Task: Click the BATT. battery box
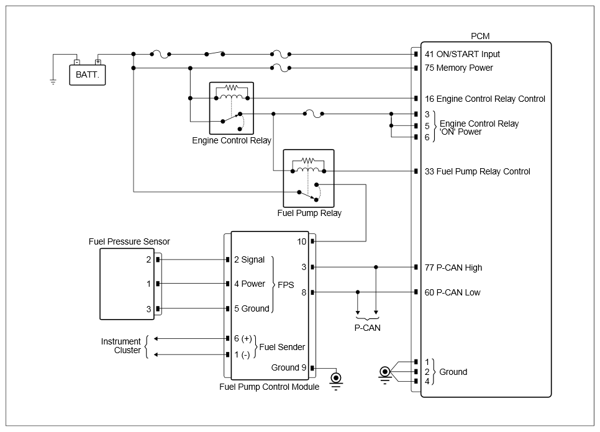pos(87,74)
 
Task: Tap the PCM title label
pos(480,36)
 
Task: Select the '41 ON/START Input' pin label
pos(462,54)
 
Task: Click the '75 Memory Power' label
pos(459,68)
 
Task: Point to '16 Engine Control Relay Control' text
pos(485,99)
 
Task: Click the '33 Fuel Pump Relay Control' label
pos(477,172)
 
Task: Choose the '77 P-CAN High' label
pos(453,268)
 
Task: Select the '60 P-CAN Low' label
pos(452,293)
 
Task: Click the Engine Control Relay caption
pos(232,141)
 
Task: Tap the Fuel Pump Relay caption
pos(309,214)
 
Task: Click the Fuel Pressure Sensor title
pos(129,241)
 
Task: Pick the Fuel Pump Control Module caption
pos(270,387)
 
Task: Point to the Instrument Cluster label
pos(121,346)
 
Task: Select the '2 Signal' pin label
pos(250,260)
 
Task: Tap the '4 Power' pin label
pos(250,284)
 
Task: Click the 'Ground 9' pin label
pos(289,368)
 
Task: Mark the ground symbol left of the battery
pos(53,81)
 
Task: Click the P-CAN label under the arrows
pos(367,328)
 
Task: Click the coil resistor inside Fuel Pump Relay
pos(309,160)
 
